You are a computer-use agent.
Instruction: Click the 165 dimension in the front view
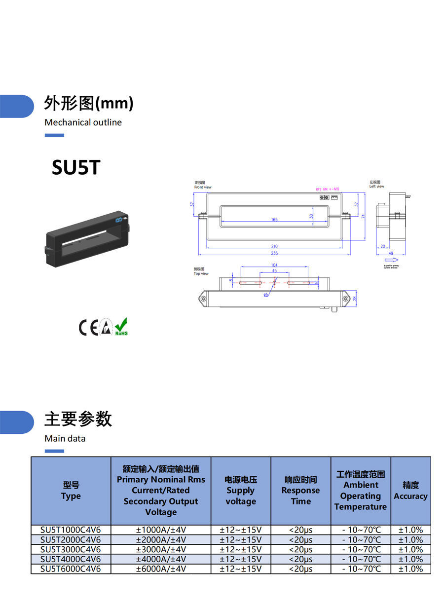click(x=274, y=220)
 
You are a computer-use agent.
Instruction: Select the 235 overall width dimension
click(x=274, y=253)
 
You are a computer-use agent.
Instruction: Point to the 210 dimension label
click(x=274, y=246)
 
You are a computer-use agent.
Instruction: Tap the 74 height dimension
click(x=363, y=216)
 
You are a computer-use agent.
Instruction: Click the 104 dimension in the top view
click(x=275, y=265)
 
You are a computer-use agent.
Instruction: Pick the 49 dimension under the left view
click(x=390, y=253)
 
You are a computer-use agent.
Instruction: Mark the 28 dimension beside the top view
click(x=354, y=298)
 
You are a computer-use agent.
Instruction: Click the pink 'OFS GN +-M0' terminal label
click(x=328, y=189)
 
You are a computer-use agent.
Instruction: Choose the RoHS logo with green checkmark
click(x=121, y=327)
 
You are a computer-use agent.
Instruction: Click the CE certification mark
click(x=89, y=328)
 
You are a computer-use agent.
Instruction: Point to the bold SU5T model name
click(x=76, y=168)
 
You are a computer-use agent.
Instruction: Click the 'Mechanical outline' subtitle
click(x=83, y=122)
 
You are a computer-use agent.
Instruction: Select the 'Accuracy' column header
click(x=410, y=491)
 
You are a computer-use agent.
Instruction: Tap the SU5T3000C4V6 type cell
click(x=71, y=549)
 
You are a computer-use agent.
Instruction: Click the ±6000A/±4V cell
click(x=161, y=569)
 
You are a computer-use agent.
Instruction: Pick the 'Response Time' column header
click(x=300, y=491)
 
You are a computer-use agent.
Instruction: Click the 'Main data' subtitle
click(x=65, y=438)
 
